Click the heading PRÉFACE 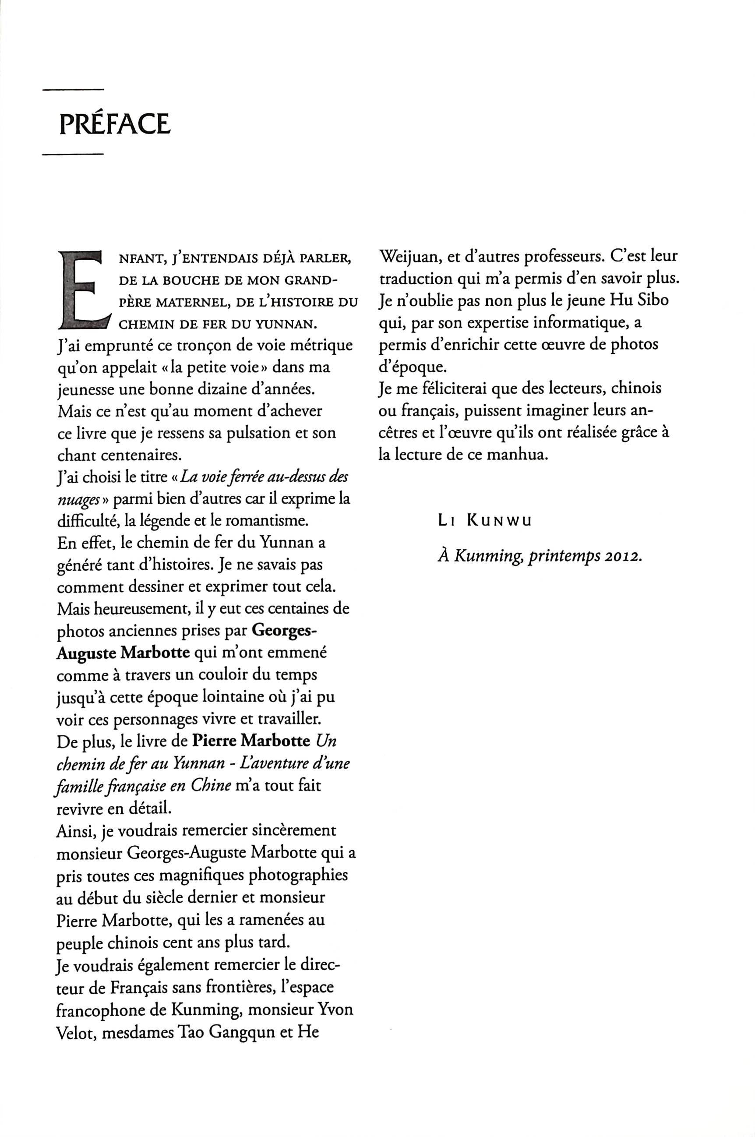[x=115, y=124]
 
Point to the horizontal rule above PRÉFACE [x=73, y=90]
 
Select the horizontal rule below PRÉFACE [x=73, y=155]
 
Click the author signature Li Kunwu [x=485, y=521]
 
